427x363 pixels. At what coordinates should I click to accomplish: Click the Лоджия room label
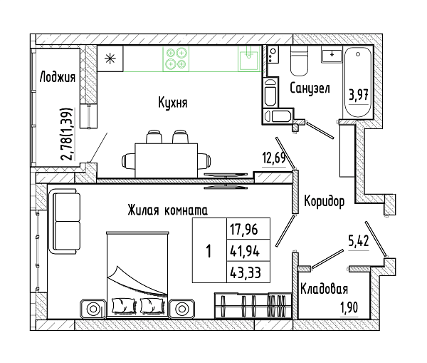tap(58, 77)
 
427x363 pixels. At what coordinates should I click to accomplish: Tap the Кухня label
tap(173, 103)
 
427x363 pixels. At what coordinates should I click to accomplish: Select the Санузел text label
tap(310, 88)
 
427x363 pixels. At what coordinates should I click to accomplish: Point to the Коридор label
tap(324, 201)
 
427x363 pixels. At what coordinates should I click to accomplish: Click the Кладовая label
tap(324, 289)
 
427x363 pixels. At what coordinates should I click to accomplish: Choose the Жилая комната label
tap(167, 210)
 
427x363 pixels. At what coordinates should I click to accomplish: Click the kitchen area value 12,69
tap(274, 158)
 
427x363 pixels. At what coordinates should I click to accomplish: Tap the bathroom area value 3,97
tap(359, 96)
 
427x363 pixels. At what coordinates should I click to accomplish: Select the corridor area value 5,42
tap(359, 241)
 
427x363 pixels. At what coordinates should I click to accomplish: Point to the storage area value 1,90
tap(349, 308)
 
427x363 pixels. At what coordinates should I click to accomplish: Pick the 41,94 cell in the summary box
tap(245, 251)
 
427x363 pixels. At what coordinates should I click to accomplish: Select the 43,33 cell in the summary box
tap(246, 272)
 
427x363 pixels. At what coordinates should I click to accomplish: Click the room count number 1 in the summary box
tap(209, 251)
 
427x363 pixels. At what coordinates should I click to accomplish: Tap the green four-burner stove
tap(176, 58)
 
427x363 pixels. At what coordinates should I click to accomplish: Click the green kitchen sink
tap(249, 58)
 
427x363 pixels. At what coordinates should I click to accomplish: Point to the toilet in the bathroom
tap(299, 61)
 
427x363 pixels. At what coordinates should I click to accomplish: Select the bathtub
tap(358, 82)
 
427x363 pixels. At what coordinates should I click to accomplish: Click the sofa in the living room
tap(65, 221)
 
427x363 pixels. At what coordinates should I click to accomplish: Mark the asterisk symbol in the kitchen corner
tap(110, 58)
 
